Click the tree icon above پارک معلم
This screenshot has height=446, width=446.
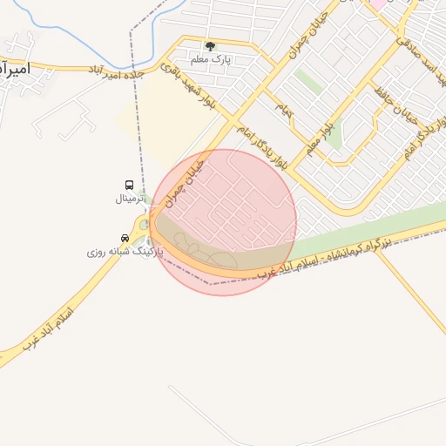(x=210, y=45)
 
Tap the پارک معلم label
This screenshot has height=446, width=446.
(x=210, y=59)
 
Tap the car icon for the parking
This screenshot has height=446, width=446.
(x=125, y=237)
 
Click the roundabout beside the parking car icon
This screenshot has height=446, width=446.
(x=143, y=226)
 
